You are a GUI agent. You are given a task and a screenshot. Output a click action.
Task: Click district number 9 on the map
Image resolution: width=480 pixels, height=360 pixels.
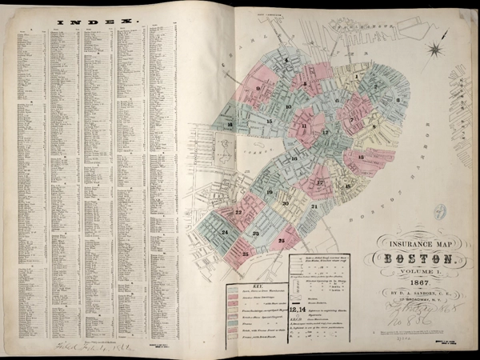(x=259, y=89)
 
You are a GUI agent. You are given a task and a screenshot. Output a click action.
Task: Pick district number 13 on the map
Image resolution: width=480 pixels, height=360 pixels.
(x=361, y=158)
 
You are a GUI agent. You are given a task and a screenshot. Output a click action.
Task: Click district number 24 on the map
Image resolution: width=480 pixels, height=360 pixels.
(x=226, y=233)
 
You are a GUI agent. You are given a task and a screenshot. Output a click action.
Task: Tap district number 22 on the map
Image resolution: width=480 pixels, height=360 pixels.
(x=239, y=212)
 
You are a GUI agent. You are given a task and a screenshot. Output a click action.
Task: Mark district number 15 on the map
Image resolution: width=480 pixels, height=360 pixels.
(x=270, y=121)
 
